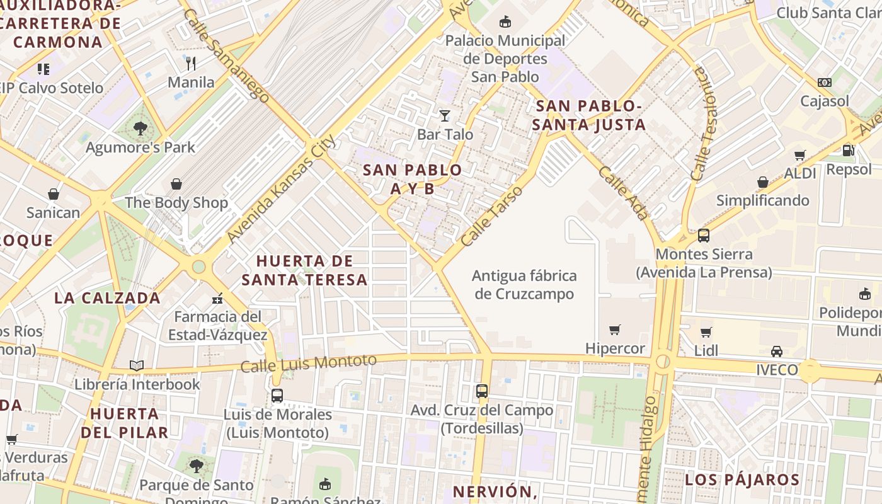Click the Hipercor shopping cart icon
615,329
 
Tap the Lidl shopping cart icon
706,332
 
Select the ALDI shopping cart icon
800,155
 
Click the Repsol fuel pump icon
849,150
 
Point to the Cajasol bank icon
824,83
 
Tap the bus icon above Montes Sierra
704,236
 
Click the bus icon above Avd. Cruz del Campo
482,391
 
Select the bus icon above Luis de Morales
277,396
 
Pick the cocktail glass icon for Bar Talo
445,115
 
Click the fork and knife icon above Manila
191,63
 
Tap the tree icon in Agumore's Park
140,129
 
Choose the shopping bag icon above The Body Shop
176,184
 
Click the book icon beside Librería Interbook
137,365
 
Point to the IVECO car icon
777,352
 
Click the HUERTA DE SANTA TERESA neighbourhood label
305,270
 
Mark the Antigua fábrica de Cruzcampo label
524,285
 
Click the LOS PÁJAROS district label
742,479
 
